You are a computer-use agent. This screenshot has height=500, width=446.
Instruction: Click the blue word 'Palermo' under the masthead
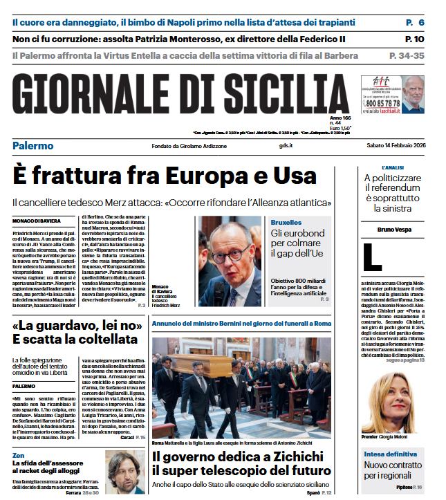point(32,145)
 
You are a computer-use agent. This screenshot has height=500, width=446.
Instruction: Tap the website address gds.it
point(286,145)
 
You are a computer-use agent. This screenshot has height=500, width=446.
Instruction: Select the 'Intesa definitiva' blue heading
point(391,454)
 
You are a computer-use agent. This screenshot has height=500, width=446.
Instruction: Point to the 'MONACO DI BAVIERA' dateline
point(35,221)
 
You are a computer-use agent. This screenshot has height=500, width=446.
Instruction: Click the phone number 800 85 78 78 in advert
point(381,103)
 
